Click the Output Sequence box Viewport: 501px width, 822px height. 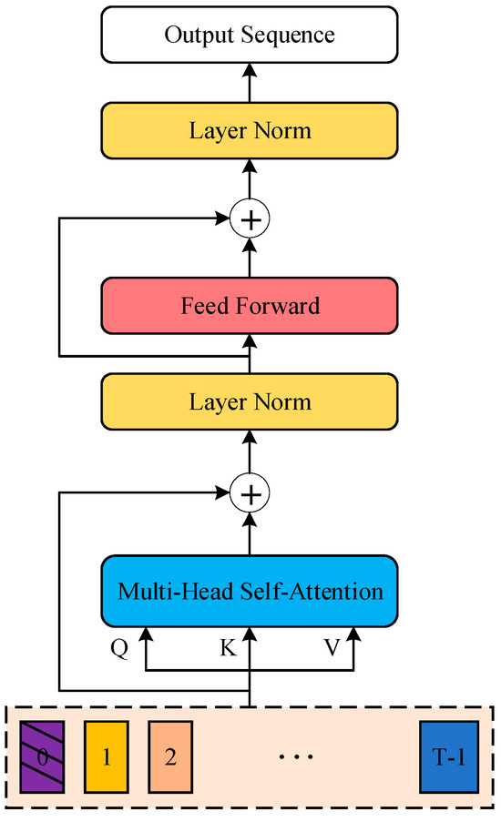pos(250,36)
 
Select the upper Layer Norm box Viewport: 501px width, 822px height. pos(250,130)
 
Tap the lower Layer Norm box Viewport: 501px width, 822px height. pos(250,401)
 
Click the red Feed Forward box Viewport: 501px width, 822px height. pos(250,305)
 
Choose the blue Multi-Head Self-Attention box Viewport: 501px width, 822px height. pos(250,592)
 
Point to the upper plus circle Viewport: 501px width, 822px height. pos(250,218)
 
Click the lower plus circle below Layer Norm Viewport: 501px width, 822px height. pos(250,494)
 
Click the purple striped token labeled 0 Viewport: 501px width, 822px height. pos(42,756)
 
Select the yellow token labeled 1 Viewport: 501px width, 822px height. pos(106,756)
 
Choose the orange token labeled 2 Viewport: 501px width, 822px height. pos(170,756)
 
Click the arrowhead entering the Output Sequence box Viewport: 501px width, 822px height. pos(250,69)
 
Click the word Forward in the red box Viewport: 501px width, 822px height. pos(282,305)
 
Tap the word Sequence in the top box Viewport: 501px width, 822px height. pos(291,36)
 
